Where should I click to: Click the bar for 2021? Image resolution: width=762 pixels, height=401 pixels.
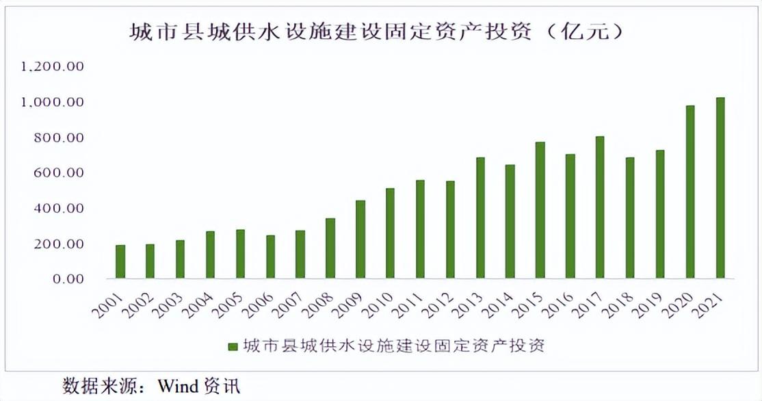click(x=720, y=188)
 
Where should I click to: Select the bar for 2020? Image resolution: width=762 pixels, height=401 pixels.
click(x=689, y=192)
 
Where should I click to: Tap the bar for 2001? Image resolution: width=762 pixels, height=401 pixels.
click(x=120, y=261)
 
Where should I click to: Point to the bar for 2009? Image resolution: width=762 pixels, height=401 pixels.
click(x=360, y=240)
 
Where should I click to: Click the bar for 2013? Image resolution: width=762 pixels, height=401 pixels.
click(x=480, y=218)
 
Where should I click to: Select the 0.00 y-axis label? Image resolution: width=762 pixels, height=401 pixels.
click(x=66, y=279)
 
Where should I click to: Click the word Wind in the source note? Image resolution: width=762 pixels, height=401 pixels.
click(x=177, y=385)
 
